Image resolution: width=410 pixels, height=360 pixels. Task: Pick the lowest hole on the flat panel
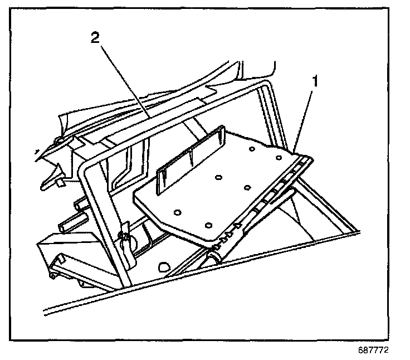pyautogui.click(x=209, y=225)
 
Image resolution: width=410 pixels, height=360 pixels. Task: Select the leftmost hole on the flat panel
pyautogui.click(x=177, y=212)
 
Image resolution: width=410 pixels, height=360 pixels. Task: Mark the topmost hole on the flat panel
pyautogui.click(x=252, y=149)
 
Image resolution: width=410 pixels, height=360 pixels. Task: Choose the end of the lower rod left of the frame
pyautogui.click(x=61, y=227)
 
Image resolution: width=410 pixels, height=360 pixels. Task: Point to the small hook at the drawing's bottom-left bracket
pyautogui.click(x=52, y=274)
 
